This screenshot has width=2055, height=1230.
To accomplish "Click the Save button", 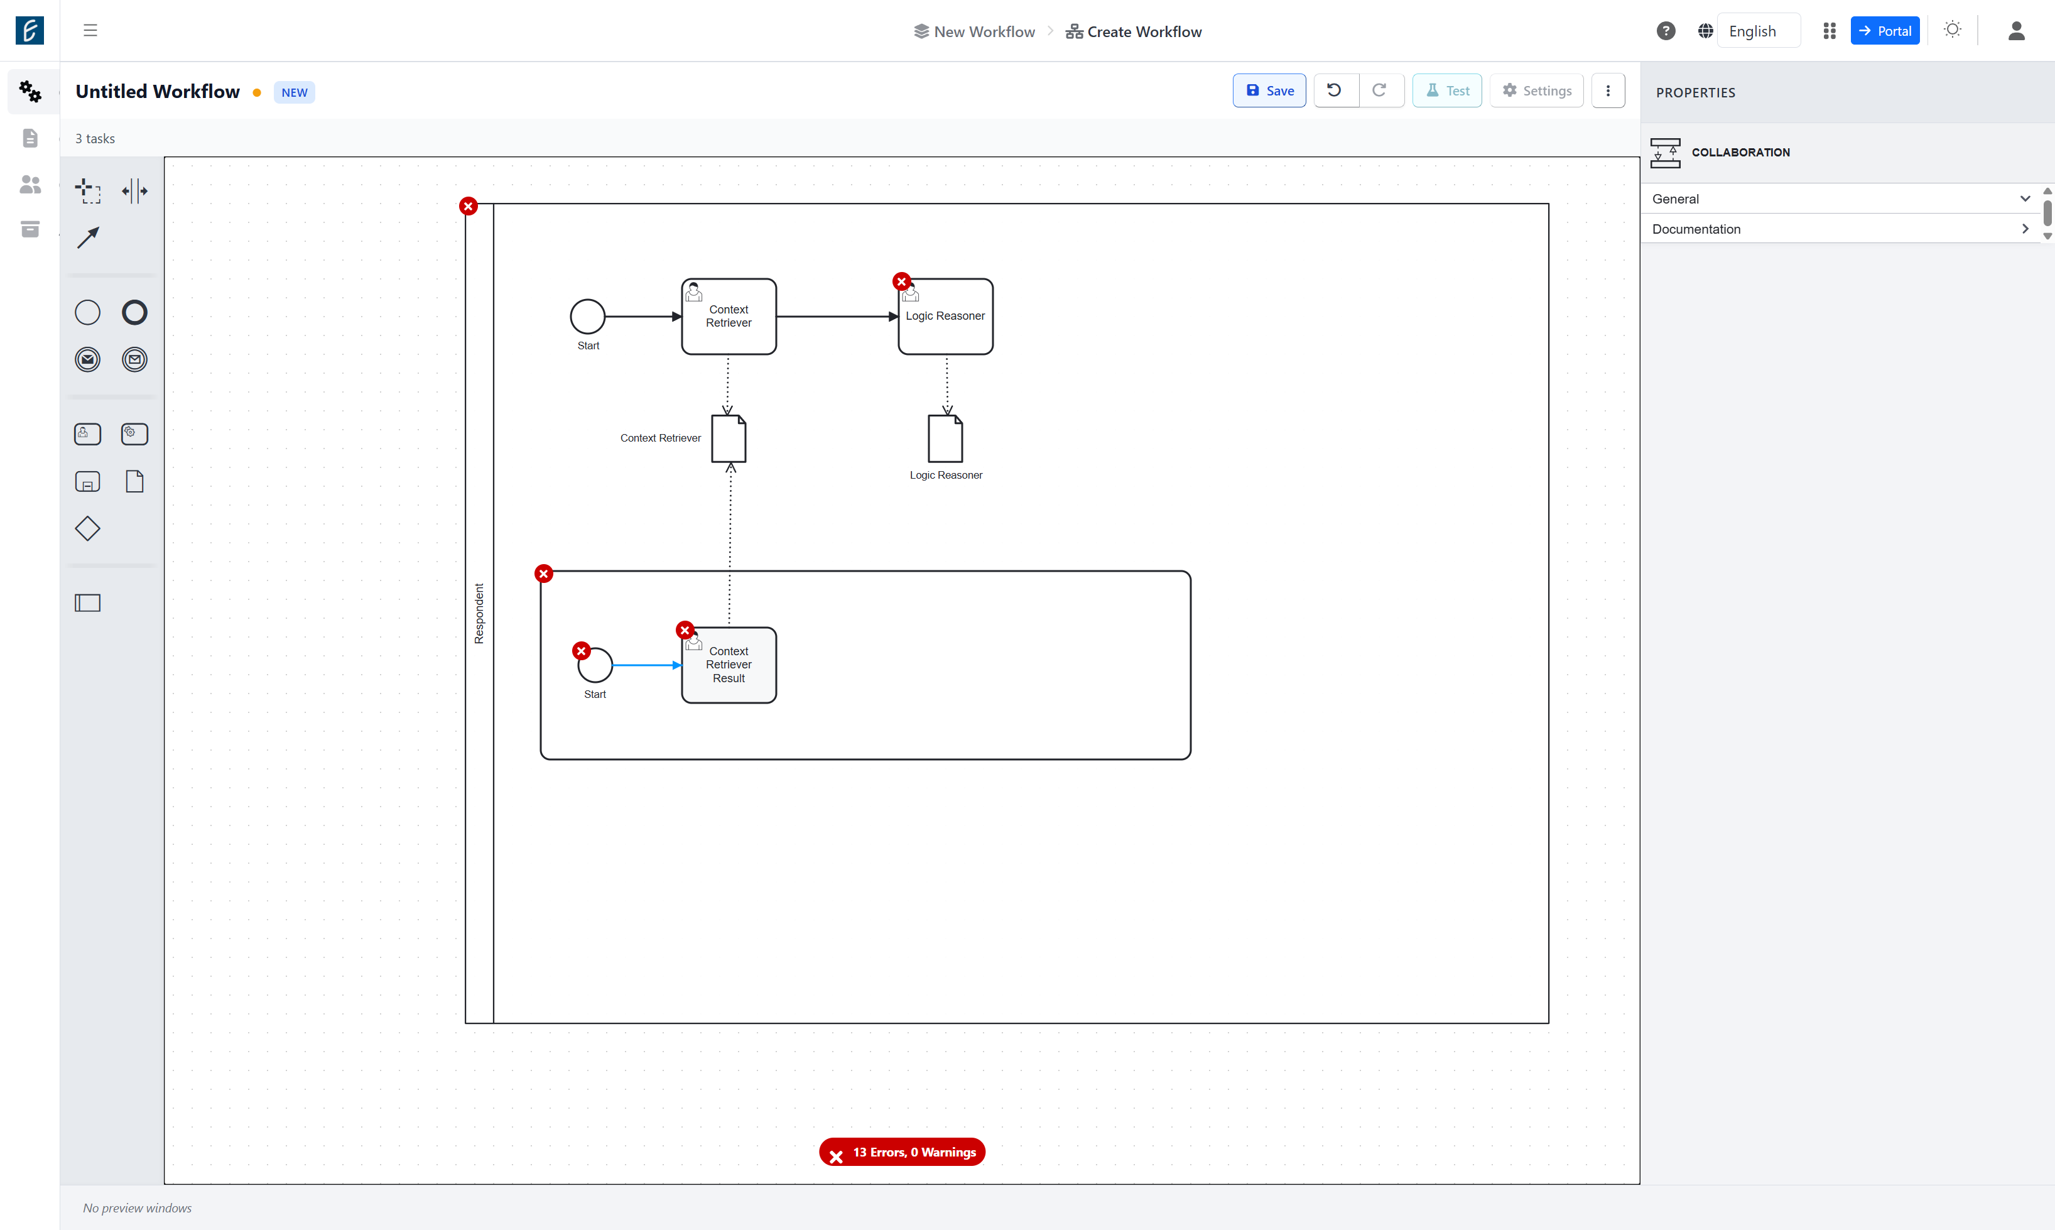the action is (1269, 90).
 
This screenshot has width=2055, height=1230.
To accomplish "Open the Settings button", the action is (1536, 90).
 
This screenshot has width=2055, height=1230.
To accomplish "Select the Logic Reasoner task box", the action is (945, 317).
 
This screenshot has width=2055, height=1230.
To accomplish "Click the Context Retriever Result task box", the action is (729, 665).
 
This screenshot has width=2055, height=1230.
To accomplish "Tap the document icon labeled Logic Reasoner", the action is (945, 438).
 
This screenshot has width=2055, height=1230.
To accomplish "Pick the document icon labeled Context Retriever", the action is (729, 438).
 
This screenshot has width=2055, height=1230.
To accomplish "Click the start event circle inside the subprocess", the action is (595, 665).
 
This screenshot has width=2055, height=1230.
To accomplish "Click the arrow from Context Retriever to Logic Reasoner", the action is (837, 317).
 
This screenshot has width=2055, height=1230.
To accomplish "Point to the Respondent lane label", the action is (479, 613).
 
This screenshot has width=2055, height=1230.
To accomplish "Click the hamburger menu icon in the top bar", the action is (90, 31).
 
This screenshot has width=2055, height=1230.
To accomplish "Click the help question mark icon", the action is (1666, 31).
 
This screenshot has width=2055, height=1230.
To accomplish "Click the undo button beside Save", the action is (1335, 90).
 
